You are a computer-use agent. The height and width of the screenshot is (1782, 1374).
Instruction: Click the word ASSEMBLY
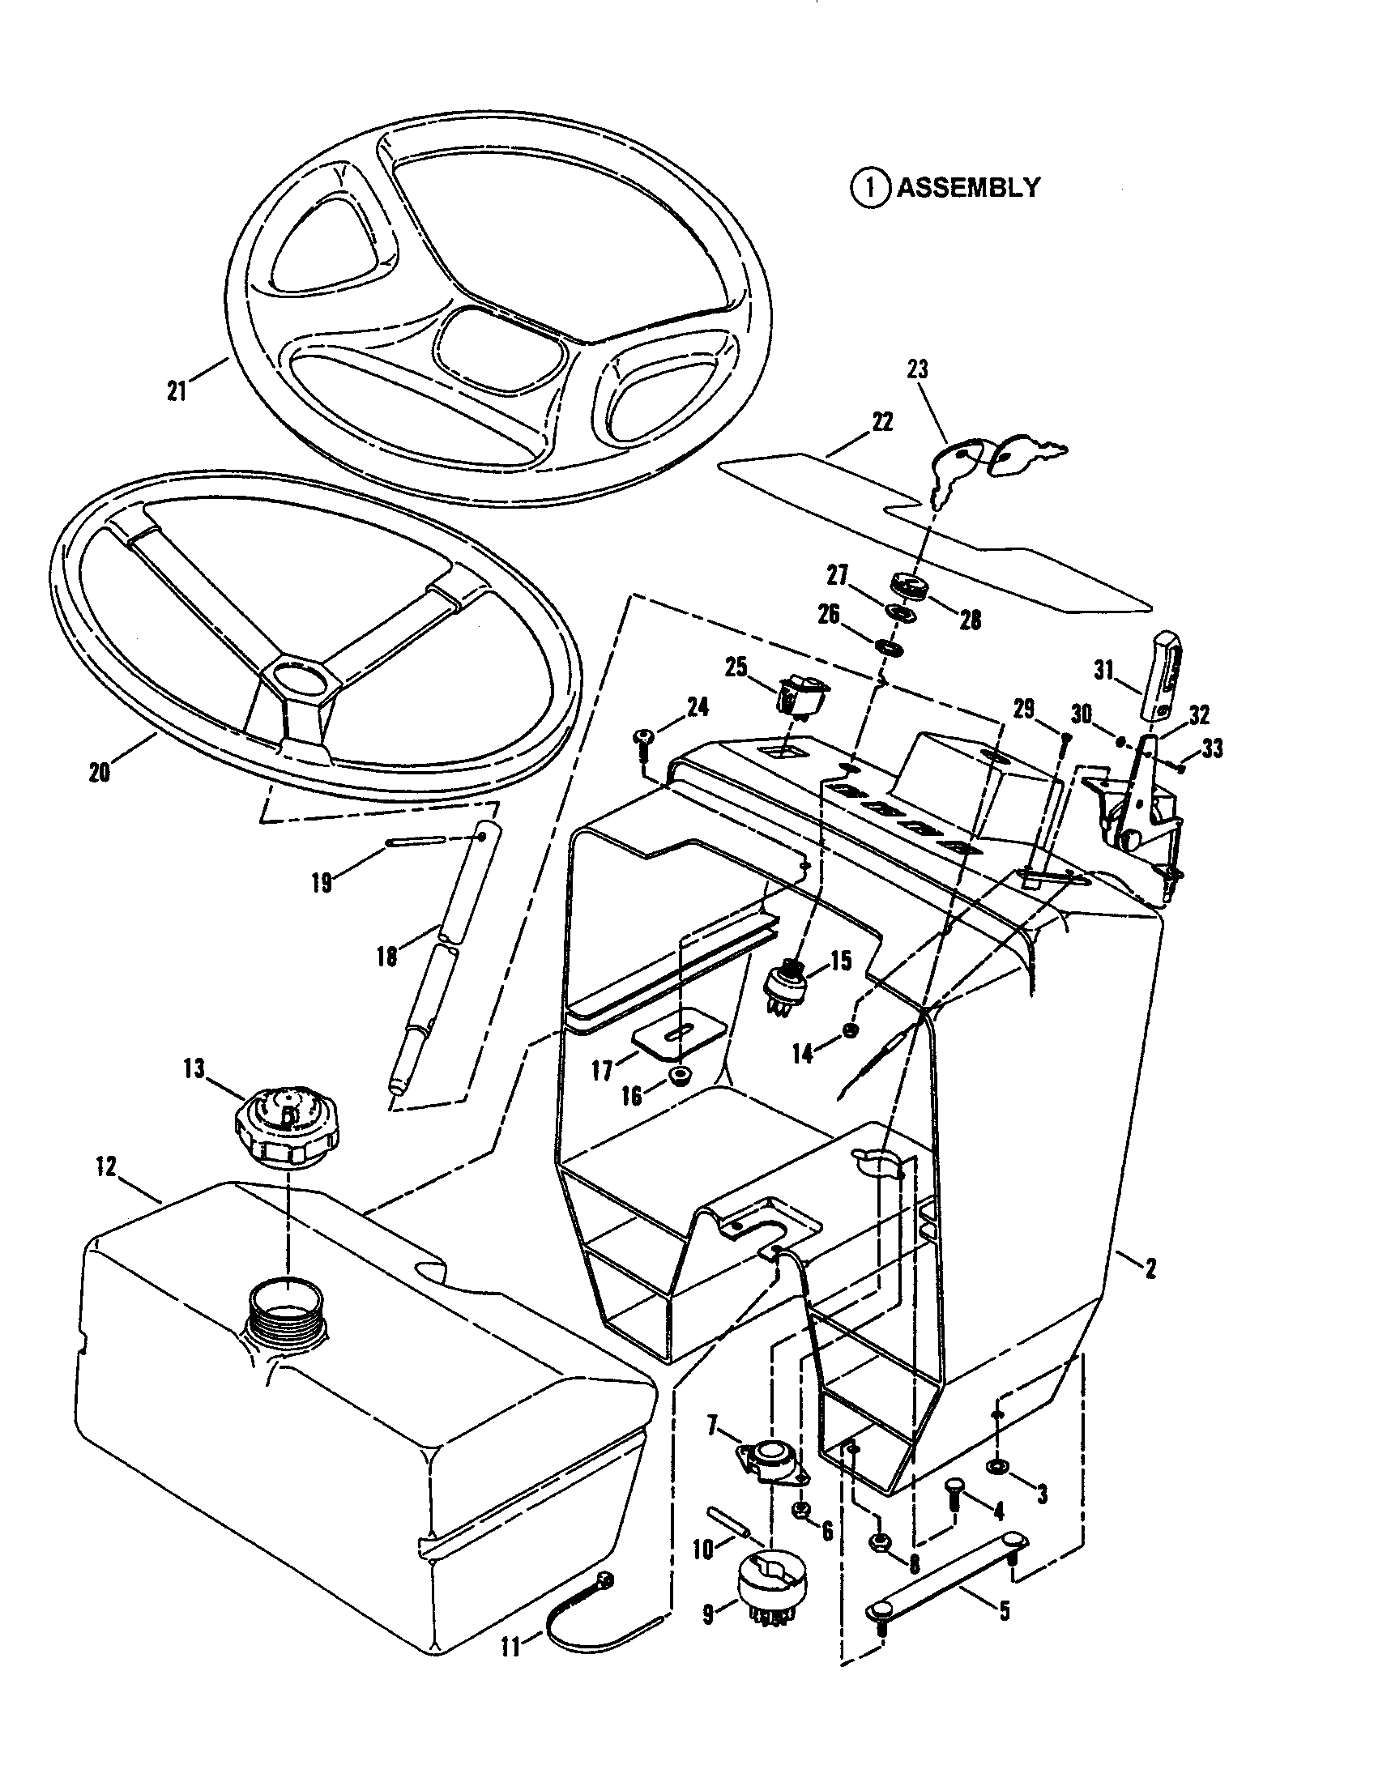tap(968, 188)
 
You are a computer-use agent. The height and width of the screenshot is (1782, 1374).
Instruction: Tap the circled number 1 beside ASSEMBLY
tap(871, 188)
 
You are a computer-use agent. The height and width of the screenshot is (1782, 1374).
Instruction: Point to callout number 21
tap(177, 391)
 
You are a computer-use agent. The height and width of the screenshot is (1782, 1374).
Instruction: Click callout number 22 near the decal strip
tap(883, 422)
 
